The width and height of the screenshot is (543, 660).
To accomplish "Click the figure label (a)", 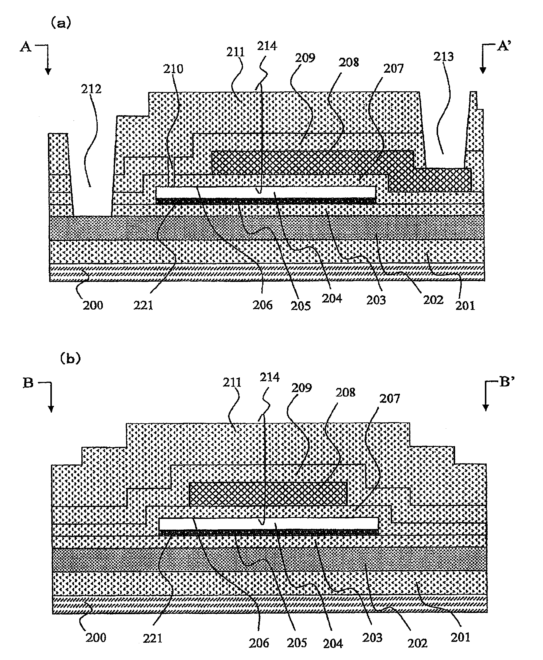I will pos(61,24).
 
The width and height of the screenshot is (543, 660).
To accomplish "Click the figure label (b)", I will pos(70,359).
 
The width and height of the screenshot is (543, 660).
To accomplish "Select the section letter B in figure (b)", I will pos(28,383).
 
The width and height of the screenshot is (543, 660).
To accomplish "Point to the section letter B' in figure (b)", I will pos(507,382).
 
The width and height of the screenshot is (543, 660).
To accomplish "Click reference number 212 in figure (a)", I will pos(91,89).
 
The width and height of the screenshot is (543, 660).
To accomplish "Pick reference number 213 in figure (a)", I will pos(443,57).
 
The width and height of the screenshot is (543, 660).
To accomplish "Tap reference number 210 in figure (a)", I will pos(173,69).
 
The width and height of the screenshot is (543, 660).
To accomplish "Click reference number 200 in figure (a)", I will pos(93,305).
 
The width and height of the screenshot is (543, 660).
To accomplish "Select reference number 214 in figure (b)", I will pos(269,377).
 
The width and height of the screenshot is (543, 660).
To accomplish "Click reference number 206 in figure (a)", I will pos(263,305).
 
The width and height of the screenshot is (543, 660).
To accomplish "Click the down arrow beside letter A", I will pos(48,67).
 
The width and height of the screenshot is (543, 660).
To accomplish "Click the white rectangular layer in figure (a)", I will pos(266,192).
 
